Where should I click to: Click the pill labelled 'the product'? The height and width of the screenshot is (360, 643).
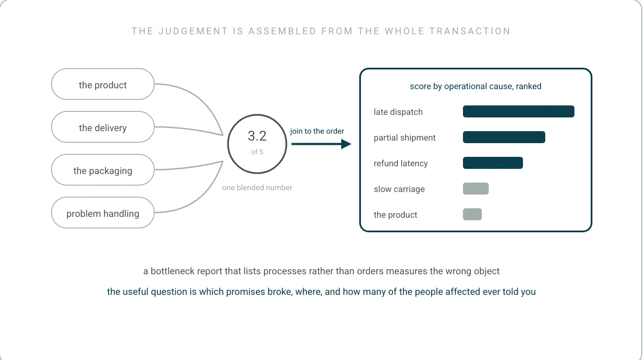click(x=103, y=84)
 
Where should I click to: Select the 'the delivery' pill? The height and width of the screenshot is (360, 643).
click(x=103, y=127)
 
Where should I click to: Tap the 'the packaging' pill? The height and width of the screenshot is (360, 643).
click(x=103, y=170)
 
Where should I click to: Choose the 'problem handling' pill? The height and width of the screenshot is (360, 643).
click(x=103, y=213)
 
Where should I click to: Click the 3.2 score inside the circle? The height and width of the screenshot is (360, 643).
click(x=257, y=136)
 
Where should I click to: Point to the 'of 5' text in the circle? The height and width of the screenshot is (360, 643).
click(x=257, y=152)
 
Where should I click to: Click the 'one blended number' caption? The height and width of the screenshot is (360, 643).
click(x=257, y=188)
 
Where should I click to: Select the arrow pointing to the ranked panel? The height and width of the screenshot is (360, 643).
click(x=321, y=144)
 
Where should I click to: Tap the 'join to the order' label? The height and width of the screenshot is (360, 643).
click(x=317, y=131)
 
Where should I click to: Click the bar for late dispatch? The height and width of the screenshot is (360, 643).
click(x=518, y=111)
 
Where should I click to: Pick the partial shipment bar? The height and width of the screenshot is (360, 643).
click(x=504, y=137)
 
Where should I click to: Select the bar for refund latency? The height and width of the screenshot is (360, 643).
click(x=493, y=163)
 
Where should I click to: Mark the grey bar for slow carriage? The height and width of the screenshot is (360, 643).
click(x=476, y=189)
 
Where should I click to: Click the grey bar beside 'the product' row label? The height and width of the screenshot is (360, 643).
click(x=472, y=214)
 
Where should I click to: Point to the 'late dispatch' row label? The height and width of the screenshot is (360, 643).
click(x=398, y=112)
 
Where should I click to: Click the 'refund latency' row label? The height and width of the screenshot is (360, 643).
click(x=401, y=163)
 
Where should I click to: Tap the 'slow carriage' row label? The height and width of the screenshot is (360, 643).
click(x=399, y=189)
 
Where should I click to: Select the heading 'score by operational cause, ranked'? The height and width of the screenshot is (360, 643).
click(x=476, y=87)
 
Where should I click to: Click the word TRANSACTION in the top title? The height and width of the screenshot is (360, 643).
click(x=470, y=31)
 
